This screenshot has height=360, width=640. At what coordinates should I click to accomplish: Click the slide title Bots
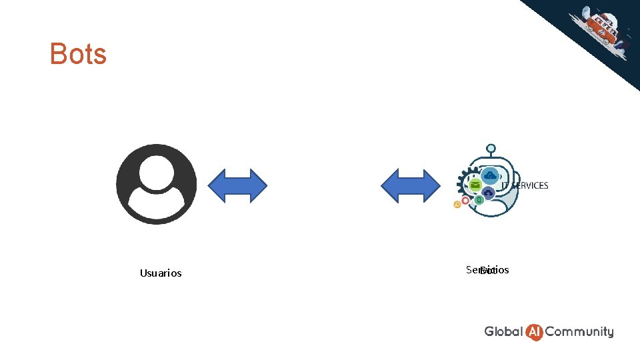point(78,53)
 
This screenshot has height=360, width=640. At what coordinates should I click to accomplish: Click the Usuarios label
point(161,273)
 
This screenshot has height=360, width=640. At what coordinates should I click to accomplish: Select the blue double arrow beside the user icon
point(238,185)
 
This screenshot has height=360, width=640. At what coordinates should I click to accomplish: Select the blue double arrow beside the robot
point(410,185)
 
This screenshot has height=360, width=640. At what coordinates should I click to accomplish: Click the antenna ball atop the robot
point(491,148)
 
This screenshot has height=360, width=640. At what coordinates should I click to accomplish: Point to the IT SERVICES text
point(525,185)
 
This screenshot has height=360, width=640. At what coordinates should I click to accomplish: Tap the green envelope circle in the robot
point(475,185)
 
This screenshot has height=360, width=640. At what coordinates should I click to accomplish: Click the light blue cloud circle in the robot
point(491,175)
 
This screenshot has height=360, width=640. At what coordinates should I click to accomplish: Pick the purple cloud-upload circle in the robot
point(489,193)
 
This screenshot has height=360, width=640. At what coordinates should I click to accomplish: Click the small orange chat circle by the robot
point(457,205)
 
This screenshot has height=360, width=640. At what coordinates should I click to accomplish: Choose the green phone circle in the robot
point(479,201)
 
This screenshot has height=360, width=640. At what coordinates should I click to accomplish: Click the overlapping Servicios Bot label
point(487,270)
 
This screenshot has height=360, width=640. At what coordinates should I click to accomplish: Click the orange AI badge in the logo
point(534,331)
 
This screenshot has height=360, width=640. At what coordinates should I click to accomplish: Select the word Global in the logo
point(503,331)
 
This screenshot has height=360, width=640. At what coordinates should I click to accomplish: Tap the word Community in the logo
point(579,331)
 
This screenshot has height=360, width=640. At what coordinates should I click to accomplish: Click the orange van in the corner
point(599,26)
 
